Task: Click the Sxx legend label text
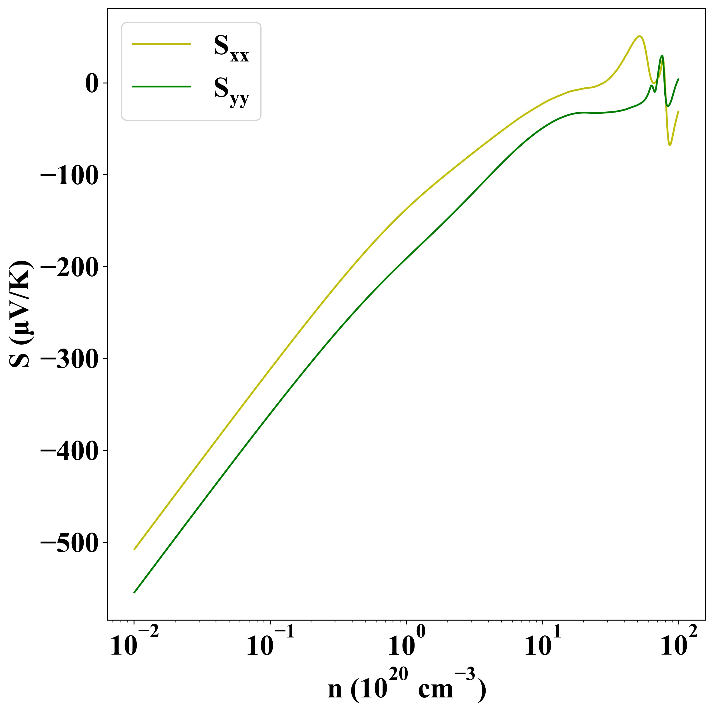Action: click(231, 49)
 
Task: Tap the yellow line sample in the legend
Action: click(162, 44)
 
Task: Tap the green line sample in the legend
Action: click(162, 87)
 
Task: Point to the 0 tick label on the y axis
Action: click(92, 84)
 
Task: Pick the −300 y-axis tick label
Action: click(69, 359)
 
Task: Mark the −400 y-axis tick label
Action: click(69, 451)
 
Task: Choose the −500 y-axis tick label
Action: click(69, 543)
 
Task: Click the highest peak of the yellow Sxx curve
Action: click(639, 36)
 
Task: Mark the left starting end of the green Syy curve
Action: click(134, 592)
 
